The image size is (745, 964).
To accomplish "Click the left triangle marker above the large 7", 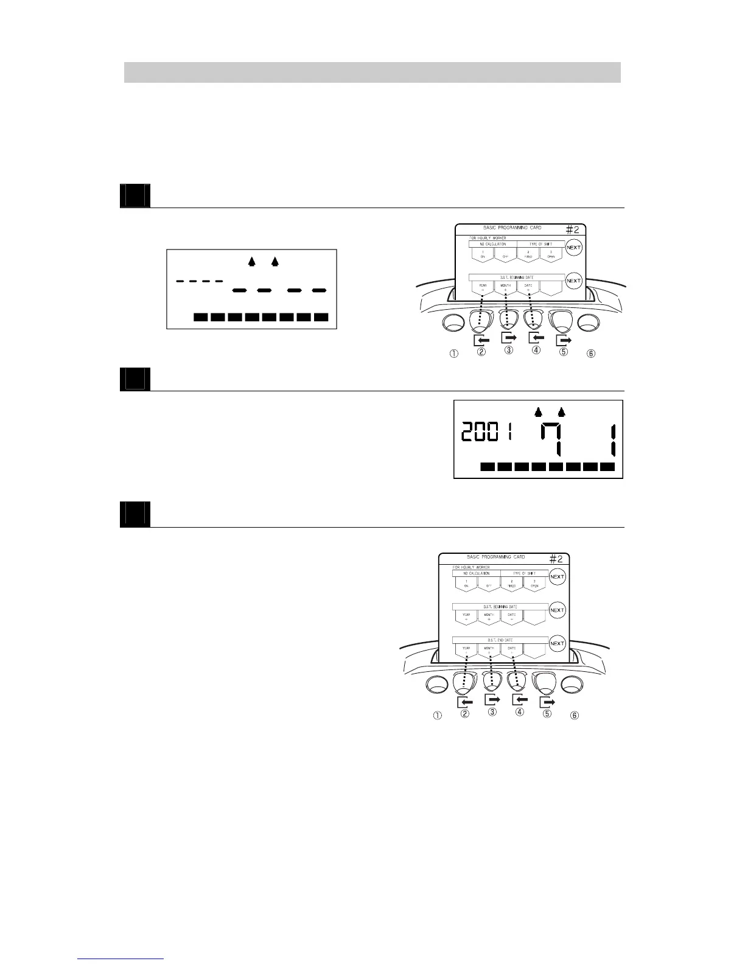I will point(538,412).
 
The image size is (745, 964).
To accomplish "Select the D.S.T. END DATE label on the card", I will point(500,640).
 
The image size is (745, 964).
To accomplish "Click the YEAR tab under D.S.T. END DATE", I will point(466,650).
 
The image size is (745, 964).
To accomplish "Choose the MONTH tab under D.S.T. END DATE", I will point(489,650).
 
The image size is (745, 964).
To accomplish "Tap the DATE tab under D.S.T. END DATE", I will point(512,650).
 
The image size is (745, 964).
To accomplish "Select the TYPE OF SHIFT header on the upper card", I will point(540,244).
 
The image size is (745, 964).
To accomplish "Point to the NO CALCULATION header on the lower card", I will point(476,573).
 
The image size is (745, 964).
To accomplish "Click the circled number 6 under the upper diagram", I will point(590,353).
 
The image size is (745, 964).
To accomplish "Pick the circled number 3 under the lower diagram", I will point(492,711).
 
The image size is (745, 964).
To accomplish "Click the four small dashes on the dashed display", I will point(200,281).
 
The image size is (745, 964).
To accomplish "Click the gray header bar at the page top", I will point(372,72).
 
